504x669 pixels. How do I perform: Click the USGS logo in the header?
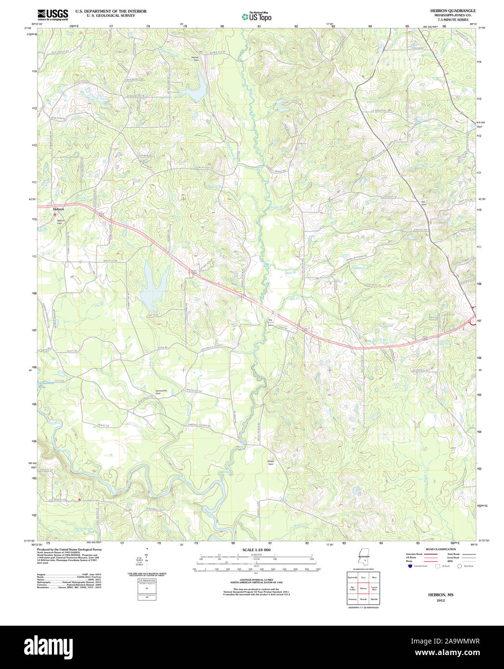52,13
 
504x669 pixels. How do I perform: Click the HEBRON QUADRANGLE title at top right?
446,10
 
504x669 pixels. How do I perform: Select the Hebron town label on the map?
59,209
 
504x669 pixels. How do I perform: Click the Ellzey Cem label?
271,463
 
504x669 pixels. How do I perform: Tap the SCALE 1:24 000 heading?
256,550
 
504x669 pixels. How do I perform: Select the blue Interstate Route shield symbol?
410,566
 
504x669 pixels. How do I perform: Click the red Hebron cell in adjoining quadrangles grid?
363,588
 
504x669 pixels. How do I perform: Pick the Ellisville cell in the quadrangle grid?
375,599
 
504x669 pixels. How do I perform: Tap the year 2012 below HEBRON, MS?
441,601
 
